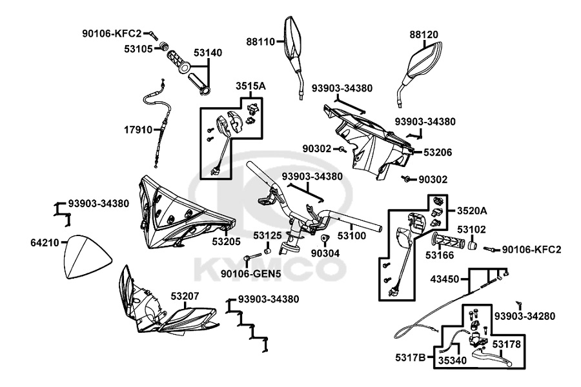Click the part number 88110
261,42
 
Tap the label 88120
424,34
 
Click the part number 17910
138,130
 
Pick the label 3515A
251,86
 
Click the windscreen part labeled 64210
87,257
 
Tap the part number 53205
227,241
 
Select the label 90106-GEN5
251,273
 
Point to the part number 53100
352,236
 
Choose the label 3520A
472,211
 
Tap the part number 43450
445,279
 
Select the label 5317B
410,357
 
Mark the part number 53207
185,296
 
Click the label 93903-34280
525,316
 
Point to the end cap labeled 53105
163,47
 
